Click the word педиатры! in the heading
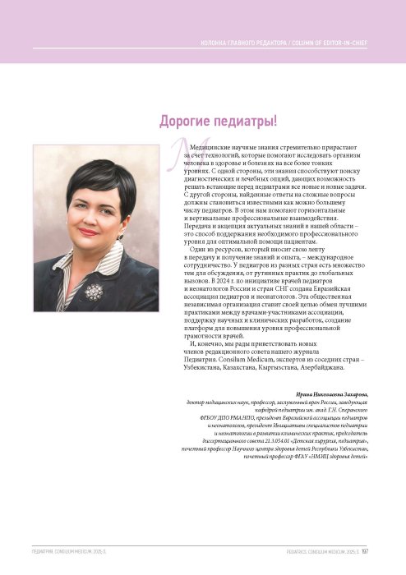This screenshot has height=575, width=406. (246, 122)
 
